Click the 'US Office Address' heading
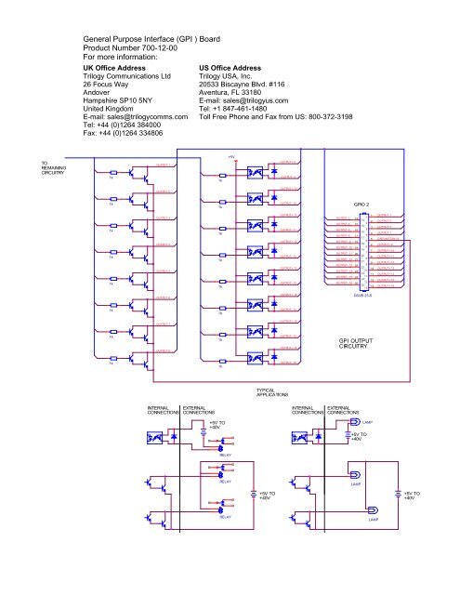(x=241, y=69)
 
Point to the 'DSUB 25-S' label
(x=364, y=295)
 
